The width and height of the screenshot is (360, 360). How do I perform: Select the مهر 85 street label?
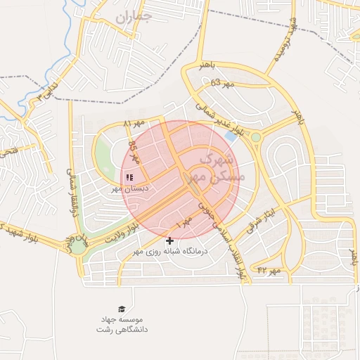point(134,151)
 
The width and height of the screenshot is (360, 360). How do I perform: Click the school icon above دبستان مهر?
point(129,176)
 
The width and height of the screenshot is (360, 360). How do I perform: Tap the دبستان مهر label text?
point(126,189)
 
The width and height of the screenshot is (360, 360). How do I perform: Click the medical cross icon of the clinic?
point(169,241)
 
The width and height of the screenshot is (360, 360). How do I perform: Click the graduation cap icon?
point(121,309)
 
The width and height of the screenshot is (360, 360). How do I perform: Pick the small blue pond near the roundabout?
point(231,137)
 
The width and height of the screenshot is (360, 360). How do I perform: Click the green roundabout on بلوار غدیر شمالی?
point(256,137)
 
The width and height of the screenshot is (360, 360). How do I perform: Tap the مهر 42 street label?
point(269,270)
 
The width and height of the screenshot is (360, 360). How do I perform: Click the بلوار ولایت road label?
point(119,234)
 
